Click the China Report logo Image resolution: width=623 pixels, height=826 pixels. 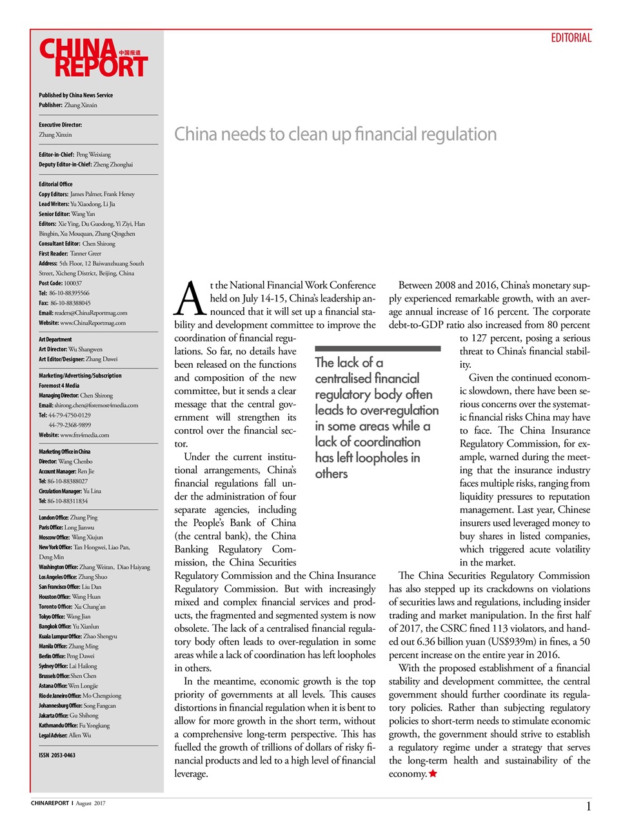94,58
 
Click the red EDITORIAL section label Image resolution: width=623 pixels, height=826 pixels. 571,38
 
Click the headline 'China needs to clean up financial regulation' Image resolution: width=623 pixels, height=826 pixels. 335,134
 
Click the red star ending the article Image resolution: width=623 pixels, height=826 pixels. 433,773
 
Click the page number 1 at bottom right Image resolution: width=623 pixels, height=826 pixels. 588,806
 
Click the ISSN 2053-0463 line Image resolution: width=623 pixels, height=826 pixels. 57,755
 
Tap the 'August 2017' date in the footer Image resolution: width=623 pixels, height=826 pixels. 90,803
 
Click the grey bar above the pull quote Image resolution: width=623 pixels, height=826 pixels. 377,348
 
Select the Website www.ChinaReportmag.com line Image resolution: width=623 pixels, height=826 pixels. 82,323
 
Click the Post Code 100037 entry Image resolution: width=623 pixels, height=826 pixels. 60,283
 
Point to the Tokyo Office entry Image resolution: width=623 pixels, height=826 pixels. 64,616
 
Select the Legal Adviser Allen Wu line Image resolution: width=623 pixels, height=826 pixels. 64,735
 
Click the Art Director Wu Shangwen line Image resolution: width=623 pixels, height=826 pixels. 70,349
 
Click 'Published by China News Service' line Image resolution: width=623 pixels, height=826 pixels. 75,95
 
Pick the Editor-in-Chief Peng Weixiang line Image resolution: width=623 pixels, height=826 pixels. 74,154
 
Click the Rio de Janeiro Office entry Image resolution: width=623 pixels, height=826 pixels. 79,696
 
